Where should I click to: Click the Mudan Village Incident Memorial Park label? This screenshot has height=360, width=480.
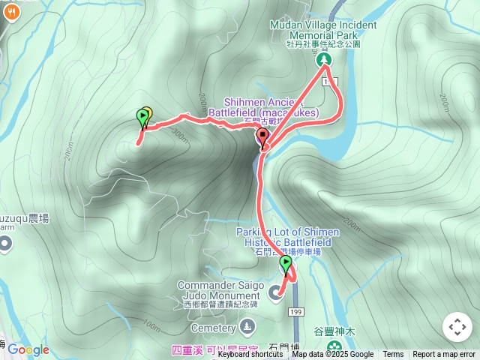pyautogui.click(x=324, y=30)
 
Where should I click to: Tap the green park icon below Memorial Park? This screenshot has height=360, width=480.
pyautogui.click(x=324, y=59)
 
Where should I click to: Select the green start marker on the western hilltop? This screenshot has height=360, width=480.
pyautogui.click(x=142, y=118)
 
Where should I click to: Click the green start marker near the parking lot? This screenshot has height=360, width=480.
pyautogui.click(x=286, y=264)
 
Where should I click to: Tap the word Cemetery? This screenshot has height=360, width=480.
pyautogui.click(x=213, y=328)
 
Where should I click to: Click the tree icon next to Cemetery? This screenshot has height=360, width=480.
pyautogui.click(x=248, y=327)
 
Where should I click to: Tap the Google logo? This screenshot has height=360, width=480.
pyautogui.click(x=28, y=349)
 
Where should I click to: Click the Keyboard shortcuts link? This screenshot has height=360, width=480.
pyautogui.click(x=250, y=355)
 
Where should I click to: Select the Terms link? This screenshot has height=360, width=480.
pyautogui.click(x=393, y=355)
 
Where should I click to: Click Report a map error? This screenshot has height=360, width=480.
pyautogui.click(x=444, y=355)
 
